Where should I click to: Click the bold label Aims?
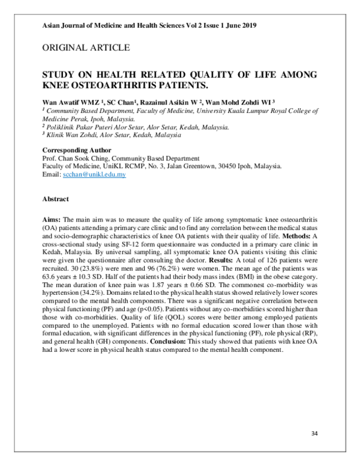click(x=52, y=222)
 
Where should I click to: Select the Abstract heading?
click(x=55, y=199)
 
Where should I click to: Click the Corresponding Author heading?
click(x=72, y=150)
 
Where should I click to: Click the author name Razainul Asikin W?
click(x=175, y=103)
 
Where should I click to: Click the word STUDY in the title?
click(x=58, y=75)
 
